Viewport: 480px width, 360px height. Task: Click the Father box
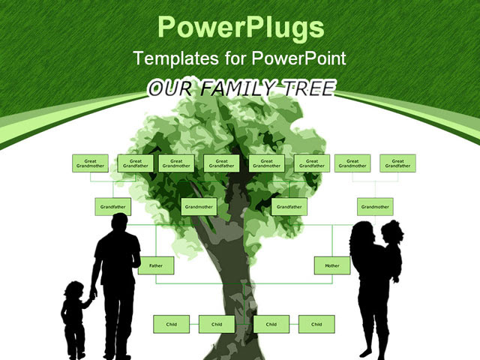[x=156, y=265]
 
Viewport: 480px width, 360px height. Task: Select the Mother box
[x=331, y=265]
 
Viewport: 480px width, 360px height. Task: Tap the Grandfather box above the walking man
[x=112, y=206]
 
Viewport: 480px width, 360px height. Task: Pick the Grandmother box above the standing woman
[x=375, y=206]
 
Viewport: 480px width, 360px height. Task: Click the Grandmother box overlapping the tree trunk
[x=199, y=206]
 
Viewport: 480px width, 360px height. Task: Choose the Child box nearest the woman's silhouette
[x=316, y=324]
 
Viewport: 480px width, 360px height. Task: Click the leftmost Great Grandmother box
[x=90, y=163]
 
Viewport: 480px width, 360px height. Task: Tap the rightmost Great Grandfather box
[x=397, y=163]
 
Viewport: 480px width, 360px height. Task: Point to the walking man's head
[x=120, y=223]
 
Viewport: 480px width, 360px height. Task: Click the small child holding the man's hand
[x=73, y=315]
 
